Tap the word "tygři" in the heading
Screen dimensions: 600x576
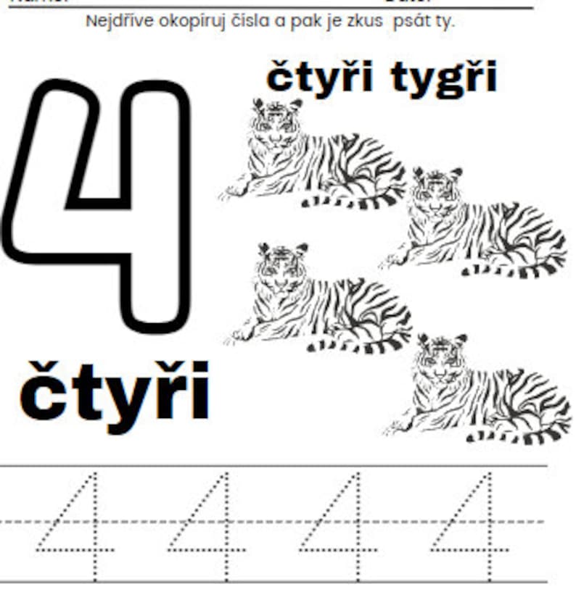click(444, 78)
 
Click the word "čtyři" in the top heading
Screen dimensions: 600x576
click(319, 78)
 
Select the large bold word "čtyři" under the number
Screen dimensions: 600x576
click(115, 391)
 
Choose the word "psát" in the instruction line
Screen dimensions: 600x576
click(409, 21)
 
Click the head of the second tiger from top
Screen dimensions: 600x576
click(435, 190)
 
